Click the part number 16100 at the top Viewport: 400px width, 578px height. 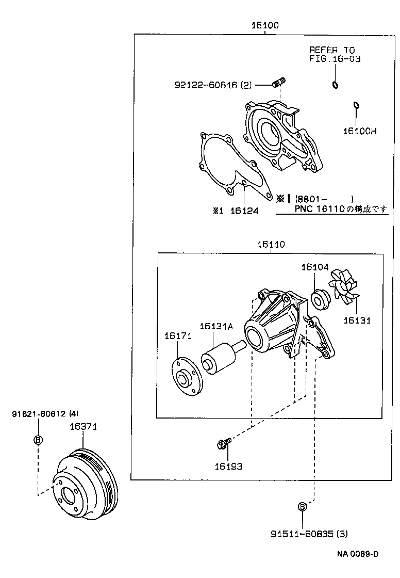[265, 25]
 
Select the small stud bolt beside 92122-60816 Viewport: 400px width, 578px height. [279, 82]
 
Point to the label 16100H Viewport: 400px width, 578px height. [359, 131]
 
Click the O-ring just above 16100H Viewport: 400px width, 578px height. [356, 106]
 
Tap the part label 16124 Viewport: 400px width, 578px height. [244, 211]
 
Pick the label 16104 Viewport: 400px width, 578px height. [314, 267]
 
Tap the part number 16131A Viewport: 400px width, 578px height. [216, 326]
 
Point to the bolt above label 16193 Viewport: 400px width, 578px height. [224, 443]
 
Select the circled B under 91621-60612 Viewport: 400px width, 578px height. [38, 440]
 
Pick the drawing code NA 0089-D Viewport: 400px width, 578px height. [358, 554]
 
